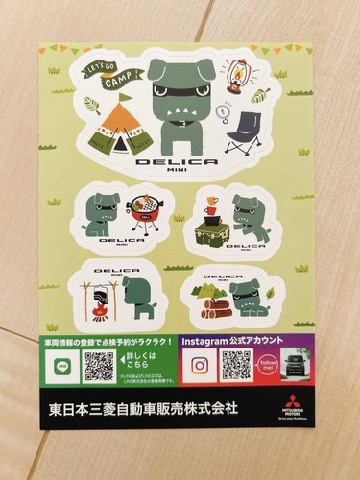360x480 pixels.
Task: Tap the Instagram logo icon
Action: pyautogui.click(x=200, y=365)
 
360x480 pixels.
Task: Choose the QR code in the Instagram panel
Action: pyautogui.click(x=236, y=364)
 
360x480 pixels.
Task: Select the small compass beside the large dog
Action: pyautogui.click(x=221, y=109)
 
